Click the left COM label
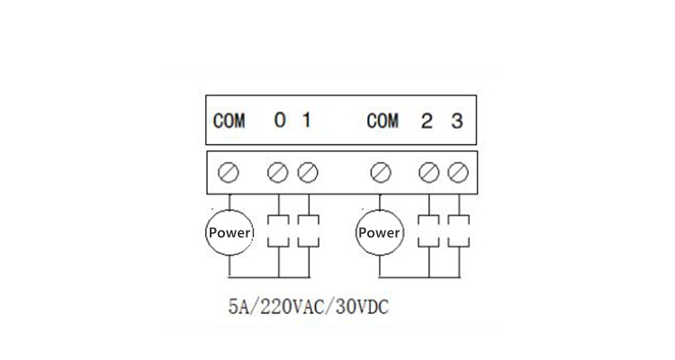[229, 121]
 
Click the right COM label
[382, 121]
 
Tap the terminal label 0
[280, 120]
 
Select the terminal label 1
[307, 120]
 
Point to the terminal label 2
[427, 121]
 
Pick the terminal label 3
[457, 121]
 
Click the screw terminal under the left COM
[229, 173]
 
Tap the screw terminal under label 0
[278, 173]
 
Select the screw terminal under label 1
[308, 173]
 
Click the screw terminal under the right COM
[381, 173]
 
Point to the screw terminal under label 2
[428, 173]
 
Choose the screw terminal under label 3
[458, 173]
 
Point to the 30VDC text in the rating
[362, 307]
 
